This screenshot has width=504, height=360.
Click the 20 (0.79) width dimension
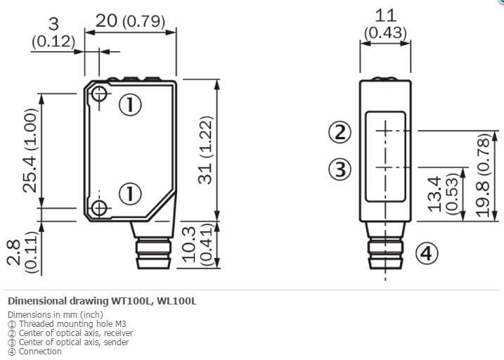click(130, 21)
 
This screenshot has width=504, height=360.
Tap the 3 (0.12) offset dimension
click(53, 33)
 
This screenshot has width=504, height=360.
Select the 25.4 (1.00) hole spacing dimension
click(30, 150)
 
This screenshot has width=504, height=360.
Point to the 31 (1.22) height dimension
click(205, 150)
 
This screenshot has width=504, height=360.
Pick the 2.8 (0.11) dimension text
click(22, 252)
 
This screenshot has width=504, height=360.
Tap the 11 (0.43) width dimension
click(385, 24)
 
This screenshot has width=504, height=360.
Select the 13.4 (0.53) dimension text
click(443, 194)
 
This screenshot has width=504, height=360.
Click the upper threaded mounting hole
click(99, 94)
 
